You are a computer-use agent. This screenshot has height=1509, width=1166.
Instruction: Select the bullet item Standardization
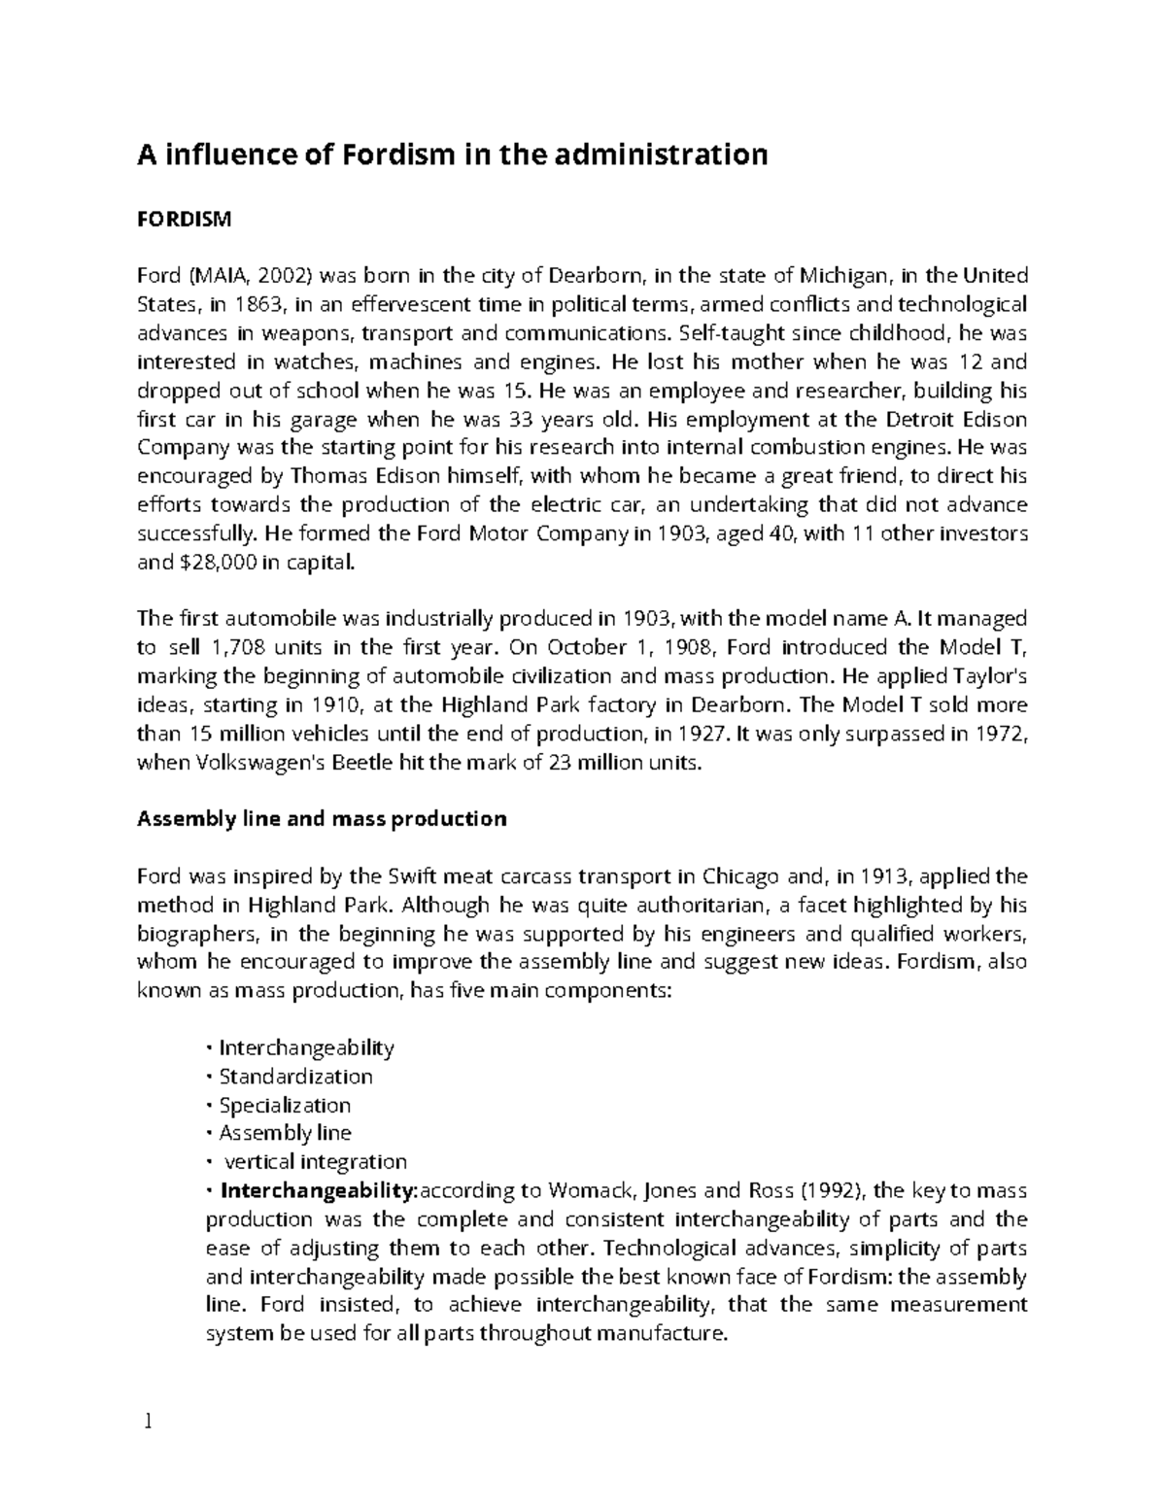coord(295,1077)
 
